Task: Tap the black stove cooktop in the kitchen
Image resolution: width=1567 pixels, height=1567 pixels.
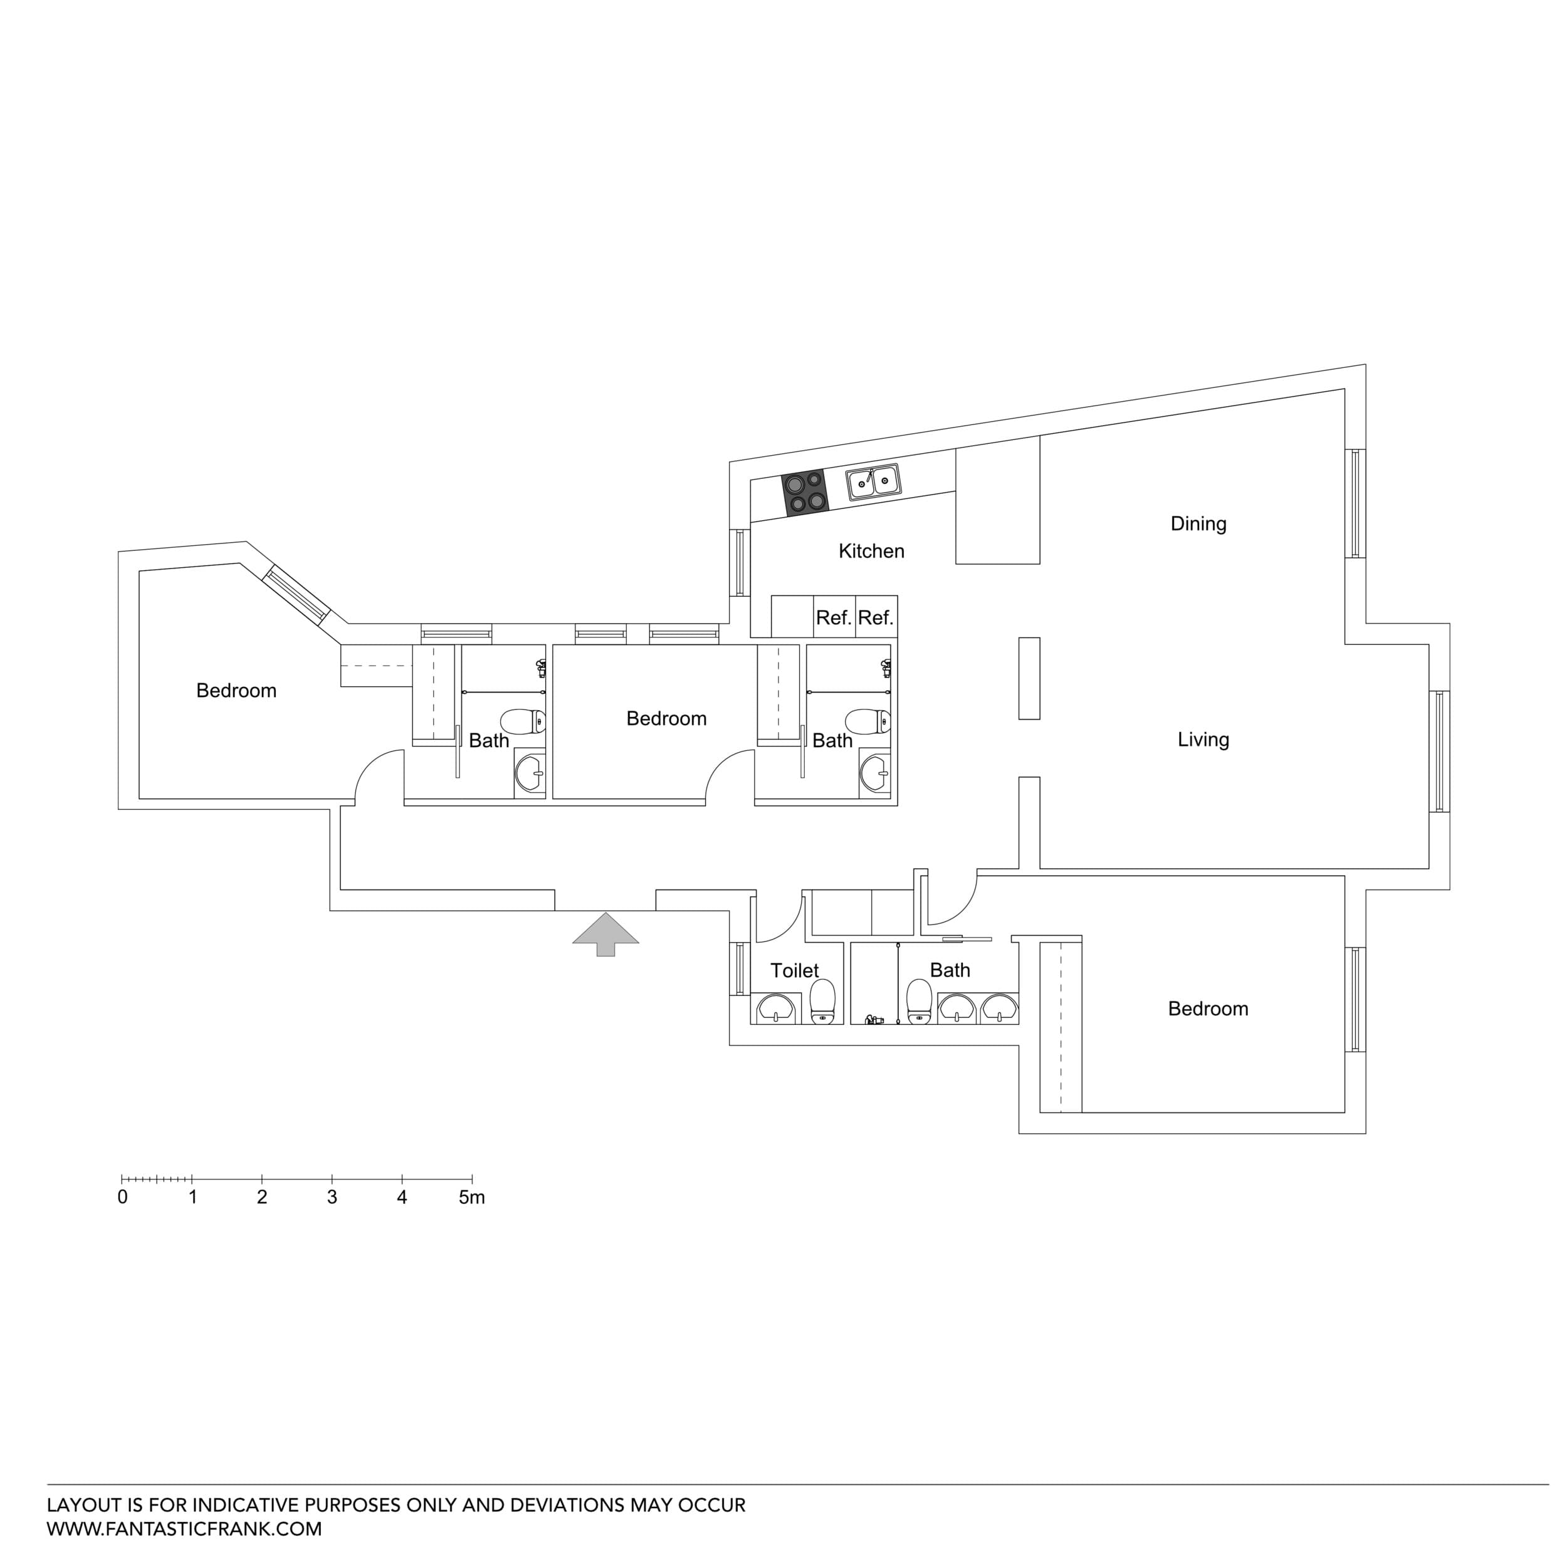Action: pos(805,492)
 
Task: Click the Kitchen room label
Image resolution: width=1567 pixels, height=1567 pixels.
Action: pos(871,552)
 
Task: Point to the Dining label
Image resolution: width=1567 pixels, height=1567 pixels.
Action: pos(1198,524)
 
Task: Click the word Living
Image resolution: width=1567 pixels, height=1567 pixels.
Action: pos(1203,740)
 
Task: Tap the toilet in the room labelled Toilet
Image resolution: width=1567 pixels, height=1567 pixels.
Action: pos(822,1002)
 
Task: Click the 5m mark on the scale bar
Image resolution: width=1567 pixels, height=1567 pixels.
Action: pos(471,1198)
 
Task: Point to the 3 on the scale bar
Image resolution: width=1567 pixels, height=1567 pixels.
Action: pos(332,1198)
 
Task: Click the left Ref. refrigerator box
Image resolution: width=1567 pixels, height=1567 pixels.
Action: pos(834,618)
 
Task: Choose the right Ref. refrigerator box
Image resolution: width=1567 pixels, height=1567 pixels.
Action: pos(876,618)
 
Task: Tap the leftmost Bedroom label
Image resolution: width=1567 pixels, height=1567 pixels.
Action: pos(236,691)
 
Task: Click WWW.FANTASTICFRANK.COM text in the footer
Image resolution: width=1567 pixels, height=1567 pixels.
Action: pos(184,1529)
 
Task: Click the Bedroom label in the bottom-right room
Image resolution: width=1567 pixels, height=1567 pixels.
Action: pos(1208,1009)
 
